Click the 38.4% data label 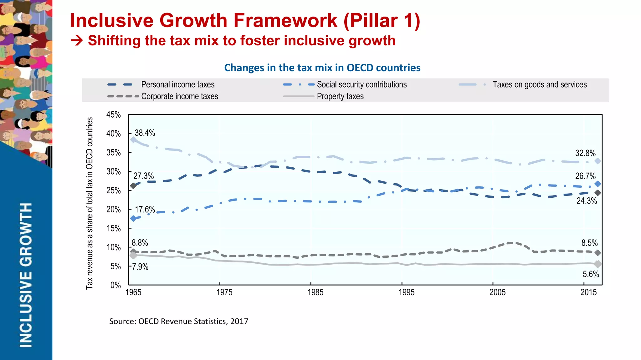tap(145, 133)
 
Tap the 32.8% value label tap(585, 153)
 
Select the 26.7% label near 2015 tap(585, 176)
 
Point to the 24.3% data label tap(586, 201)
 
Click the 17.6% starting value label tap(145, 210)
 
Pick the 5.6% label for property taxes tap(590, 274)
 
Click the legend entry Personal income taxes tap(177, 84)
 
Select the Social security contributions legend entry tap(362, 84)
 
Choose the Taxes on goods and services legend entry tap(539, 84)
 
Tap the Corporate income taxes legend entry tap(179, 96)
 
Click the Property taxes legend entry tap(340, 96)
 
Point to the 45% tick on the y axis tap(113, 115)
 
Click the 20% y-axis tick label tap(113, 210)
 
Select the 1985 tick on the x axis tap(315, 292)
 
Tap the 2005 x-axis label tap(497, 292)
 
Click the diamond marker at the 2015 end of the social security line tap(597, 184)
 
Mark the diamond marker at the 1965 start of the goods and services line tap(133, 139)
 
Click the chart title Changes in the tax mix tap(322, 68)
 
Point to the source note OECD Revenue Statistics tap(178, 322)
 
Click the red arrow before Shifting tap(77, 41)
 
